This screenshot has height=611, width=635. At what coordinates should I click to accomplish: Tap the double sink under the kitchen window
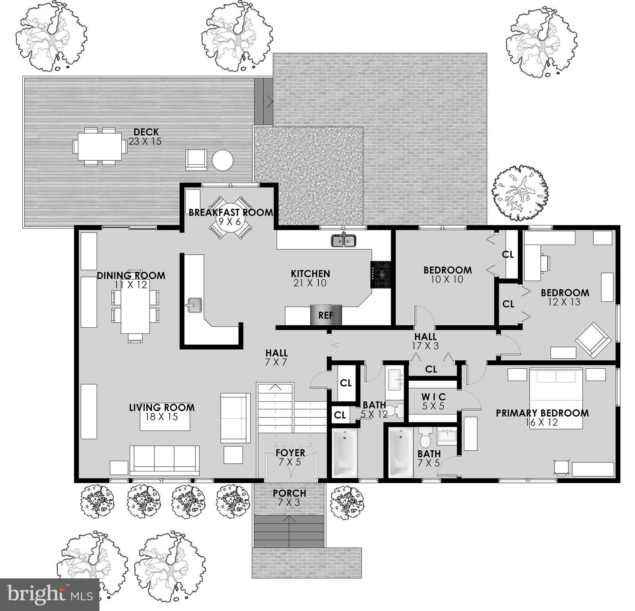(x=344, y=241)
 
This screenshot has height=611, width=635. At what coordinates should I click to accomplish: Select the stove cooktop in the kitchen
(x=381, y=274)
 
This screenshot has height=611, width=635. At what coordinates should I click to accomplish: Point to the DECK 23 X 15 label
(x=146, y=136)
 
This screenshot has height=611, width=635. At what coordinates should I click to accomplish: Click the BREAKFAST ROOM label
(x=231, y=212)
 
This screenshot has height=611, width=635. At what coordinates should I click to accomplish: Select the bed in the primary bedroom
(x=556, y=398)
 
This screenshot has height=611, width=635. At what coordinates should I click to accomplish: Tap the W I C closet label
(x=433, y=401)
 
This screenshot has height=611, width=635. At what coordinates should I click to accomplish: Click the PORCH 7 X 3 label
(x=289, y=497)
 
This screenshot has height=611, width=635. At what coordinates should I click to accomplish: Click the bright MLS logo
(x=50, y=595)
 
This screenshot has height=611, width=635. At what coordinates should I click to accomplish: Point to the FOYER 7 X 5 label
(x=290, y=457)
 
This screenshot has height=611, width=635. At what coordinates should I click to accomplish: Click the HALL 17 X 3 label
(x=425, y=341)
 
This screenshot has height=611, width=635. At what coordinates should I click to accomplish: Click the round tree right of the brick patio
(x=520, y=193)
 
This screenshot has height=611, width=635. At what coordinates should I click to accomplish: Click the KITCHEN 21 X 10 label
(x=310, y=278)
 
